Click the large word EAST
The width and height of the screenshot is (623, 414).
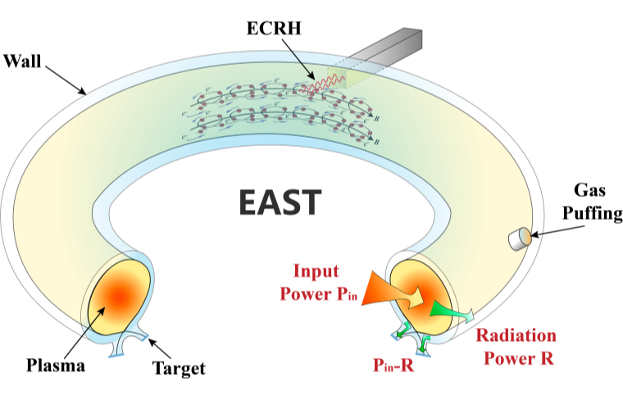tap(280, 202)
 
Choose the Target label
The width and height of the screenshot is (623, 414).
tap(179, 368)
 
